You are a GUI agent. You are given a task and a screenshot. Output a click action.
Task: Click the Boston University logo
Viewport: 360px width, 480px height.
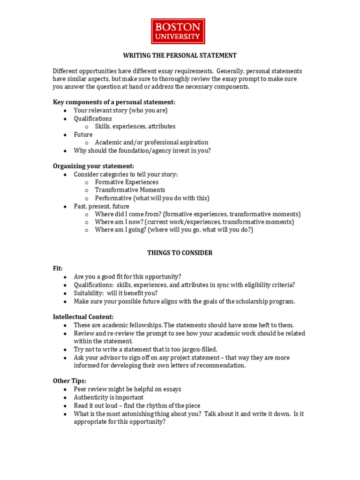tap(178, 31)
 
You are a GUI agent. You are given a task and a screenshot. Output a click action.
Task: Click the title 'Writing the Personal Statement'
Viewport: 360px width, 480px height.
tap(180, 55)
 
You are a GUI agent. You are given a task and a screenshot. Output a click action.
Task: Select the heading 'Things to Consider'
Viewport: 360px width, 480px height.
tap(180, 253)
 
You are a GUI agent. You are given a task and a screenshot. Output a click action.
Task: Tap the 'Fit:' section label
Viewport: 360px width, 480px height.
tap(58, 269)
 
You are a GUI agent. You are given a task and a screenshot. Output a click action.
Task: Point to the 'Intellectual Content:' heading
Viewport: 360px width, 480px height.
tap(83, 317)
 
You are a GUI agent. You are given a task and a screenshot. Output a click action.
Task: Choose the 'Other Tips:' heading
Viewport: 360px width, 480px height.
tap(69, 381)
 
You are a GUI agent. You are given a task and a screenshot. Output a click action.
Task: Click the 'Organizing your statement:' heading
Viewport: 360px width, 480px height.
tap(93, 166)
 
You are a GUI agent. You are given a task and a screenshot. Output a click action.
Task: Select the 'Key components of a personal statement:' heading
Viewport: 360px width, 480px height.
tap(114, 102)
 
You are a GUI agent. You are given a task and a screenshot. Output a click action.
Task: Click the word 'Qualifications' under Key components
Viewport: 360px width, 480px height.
tap(93, 119)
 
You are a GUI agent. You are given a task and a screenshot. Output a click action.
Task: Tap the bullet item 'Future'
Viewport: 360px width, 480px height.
tap(83, 135)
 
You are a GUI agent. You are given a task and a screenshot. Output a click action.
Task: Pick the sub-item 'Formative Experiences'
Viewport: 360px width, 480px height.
tap(127, 182)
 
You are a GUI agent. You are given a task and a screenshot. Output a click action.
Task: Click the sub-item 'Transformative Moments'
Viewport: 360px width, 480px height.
tap(130, 190)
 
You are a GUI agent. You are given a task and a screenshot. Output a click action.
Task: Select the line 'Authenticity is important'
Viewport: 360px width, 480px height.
tap(108, 397)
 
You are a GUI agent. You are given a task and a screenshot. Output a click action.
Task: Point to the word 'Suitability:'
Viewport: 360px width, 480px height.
tap(89, 293)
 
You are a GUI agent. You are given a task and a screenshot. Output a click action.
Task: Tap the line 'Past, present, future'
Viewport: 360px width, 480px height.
tap(101, 206)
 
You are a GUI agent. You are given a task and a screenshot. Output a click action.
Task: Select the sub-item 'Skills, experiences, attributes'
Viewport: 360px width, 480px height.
tap(135, 127)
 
